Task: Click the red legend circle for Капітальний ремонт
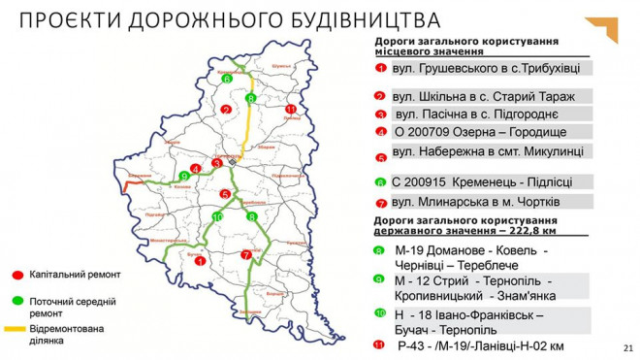(x=18, y=275)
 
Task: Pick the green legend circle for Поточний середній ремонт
(x=18, y=302)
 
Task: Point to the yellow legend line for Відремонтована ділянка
(x=18, y=329)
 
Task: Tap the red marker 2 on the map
(x=225, y=109)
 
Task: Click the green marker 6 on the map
(x=225, y=79)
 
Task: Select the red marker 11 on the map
(x=290, y=109)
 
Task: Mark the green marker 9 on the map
(x=183, y=176)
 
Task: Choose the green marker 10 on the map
(x=218, y=216)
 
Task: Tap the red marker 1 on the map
(x=199, y=260)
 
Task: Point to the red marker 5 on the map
(x=225, y=194)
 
